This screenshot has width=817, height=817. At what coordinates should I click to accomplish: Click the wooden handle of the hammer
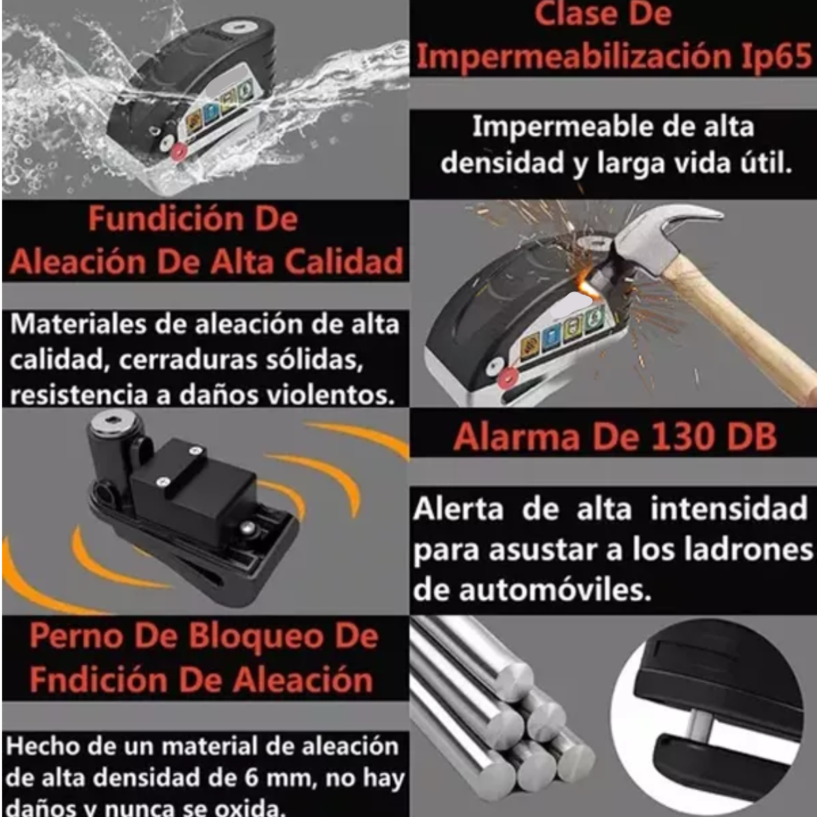(x=742, y=327)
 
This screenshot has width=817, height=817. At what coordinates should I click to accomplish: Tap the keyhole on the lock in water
(x=239, y=29)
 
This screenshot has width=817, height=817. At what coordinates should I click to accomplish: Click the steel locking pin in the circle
(x=699, y=724)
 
